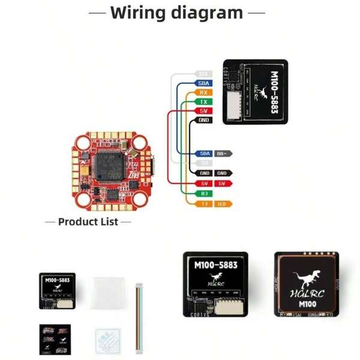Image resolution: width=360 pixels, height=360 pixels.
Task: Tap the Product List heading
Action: [88, 222]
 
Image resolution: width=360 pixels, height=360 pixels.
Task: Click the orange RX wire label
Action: [203, 93]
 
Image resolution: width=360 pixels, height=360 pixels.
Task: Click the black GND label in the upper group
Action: [203, 121]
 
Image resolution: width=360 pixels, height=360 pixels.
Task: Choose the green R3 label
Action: [204, 194]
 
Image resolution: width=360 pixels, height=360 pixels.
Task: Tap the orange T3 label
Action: [204, 204]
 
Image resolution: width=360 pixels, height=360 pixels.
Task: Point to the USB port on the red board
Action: [154, 162]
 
